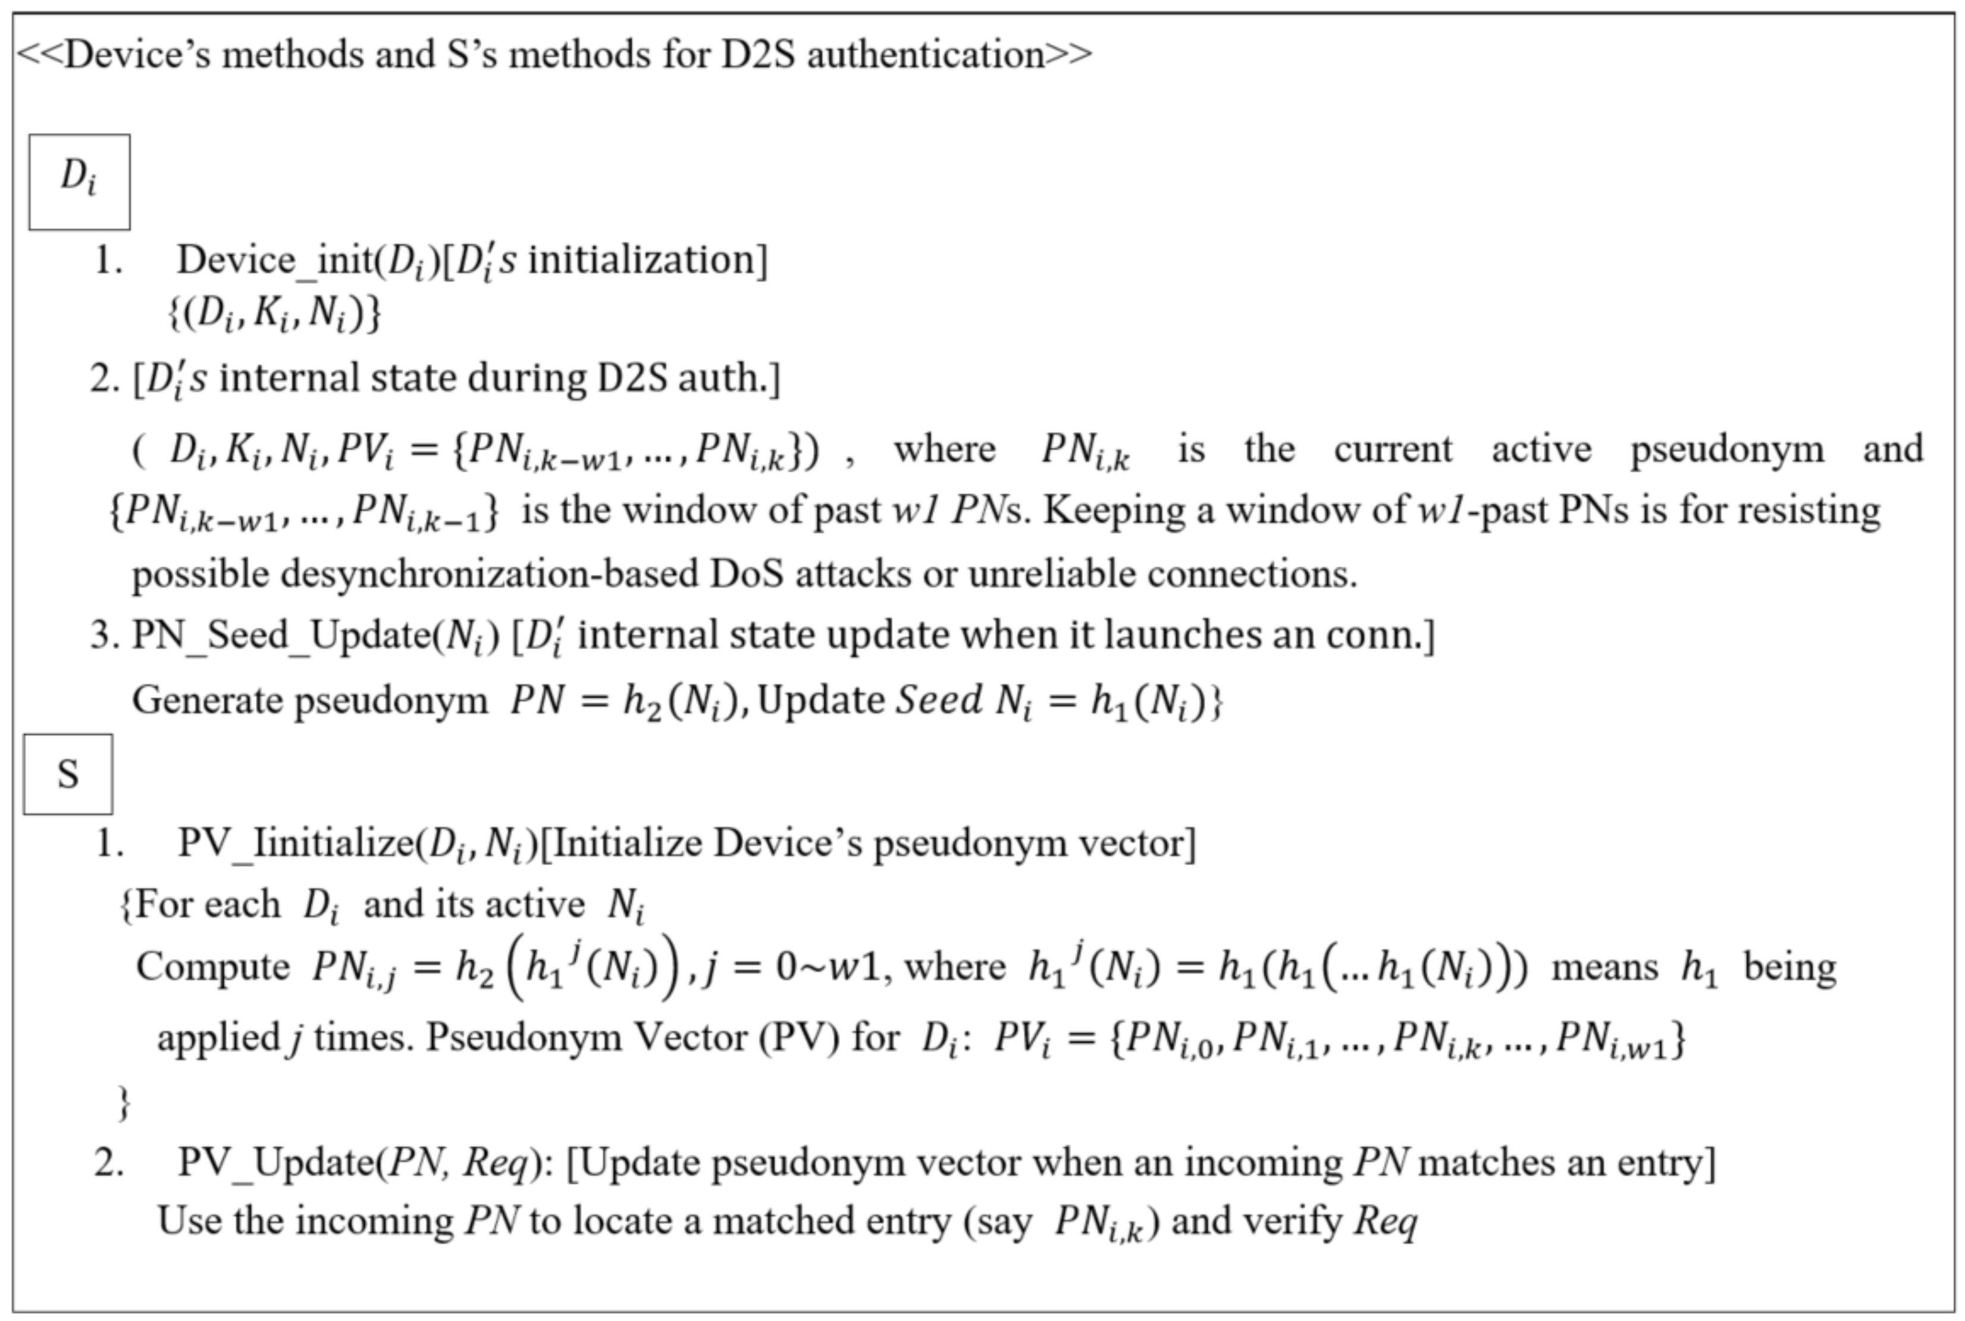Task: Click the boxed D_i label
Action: click(x=79, y=181)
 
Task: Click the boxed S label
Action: click(x=67, y=774)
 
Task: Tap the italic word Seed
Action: click(x=938, y=700)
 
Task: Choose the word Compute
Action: click(x=212, y=967)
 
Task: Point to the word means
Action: click(x=1604, y=967)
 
